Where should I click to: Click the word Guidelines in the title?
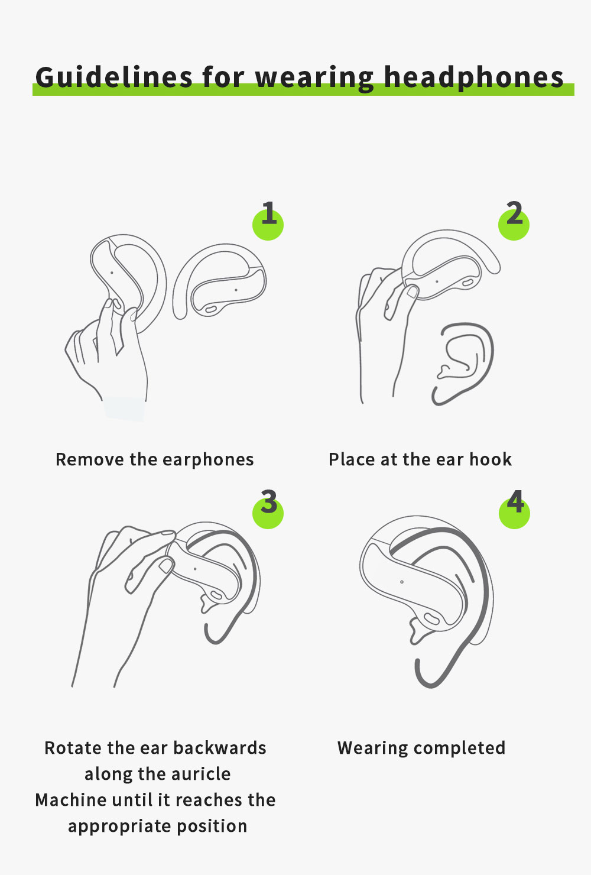pos(114,77)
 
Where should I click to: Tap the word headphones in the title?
pos(474,77)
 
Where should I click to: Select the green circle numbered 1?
pos(268,224)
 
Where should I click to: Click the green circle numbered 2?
pos(514,224)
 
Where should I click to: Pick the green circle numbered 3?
pos(268,513)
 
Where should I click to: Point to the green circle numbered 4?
pos(515,513)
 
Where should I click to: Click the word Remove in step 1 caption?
pos(90,459)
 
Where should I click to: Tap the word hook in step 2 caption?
pos(491,459)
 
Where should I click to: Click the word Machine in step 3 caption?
pos(71,800)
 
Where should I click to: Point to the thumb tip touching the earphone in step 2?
pos(412,291)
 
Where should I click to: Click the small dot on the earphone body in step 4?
pos(402,582)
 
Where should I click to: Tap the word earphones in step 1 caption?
pos(208,460)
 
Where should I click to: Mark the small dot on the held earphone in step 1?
pos(112,273)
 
